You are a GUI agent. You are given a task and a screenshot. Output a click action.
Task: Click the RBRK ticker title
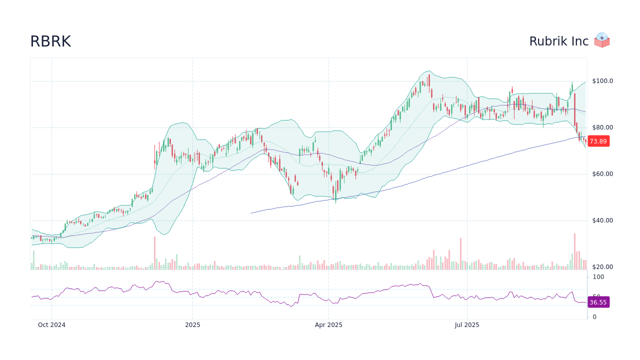pyautogui.click(x=50, y=41)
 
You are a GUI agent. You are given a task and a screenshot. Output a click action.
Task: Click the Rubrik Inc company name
pyautogui.click(x=558, y=41)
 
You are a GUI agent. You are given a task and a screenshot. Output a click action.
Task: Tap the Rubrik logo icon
pyautogui.click(x=602, y=40)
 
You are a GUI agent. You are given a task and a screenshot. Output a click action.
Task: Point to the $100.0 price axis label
pyautogui.click(x=602, y=81)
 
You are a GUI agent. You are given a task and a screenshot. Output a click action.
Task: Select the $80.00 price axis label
pyautogui.click(x=602, y=127)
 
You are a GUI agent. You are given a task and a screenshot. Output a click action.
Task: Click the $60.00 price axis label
pyautogui.click(x=602, y=174)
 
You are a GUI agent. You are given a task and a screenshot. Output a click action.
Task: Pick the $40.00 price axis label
pyautogui.click(x=602, y=220)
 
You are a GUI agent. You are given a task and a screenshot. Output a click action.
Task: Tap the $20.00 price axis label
pyautogui.click(x=602, y=267)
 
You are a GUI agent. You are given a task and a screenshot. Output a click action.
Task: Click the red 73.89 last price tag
pyautogui.click(x=598, y=141)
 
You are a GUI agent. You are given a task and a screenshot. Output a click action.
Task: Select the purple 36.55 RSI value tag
pyautogui.click(x=598, y=302)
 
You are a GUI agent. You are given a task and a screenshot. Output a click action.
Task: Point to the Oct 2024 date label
pyautogui.click(x=51, y=325)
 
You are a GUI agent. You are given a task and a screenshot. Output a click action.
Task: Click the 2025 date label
pyautogui.click(x=192, y=325)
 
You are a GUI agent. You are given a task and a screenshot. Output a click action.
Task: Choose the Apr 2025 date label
pyautogui.click(x=328, y=325)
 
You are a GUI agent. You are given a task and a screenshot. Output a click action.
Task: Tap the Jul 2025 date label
pyautogui.click(x=467, y=325)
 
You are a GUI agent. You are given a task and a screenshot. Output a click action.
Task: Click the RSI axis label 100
pyautogui.click(x=598, y=277)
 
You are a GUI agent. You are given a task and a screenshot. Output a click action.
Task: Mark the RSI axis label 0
pyautogui.click(x=594, y=317)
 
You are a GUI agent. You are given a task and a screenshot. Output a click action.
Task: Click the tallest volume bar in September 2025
pyautogui.click(x=574, y=252)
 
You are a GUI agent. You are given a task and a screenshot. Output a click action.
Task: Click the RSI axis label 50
pyautogui.click(x=596, y=296)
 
